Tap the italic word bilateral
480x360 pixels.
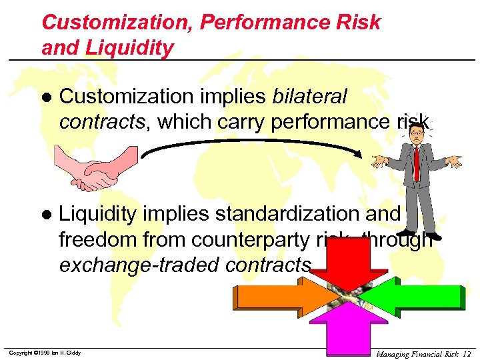click(x=309, y=97)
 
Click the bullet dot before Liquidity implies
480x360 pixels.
click(x=46, y=215)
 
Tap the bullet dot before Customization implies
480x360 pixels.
click(x=46, y=97)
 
